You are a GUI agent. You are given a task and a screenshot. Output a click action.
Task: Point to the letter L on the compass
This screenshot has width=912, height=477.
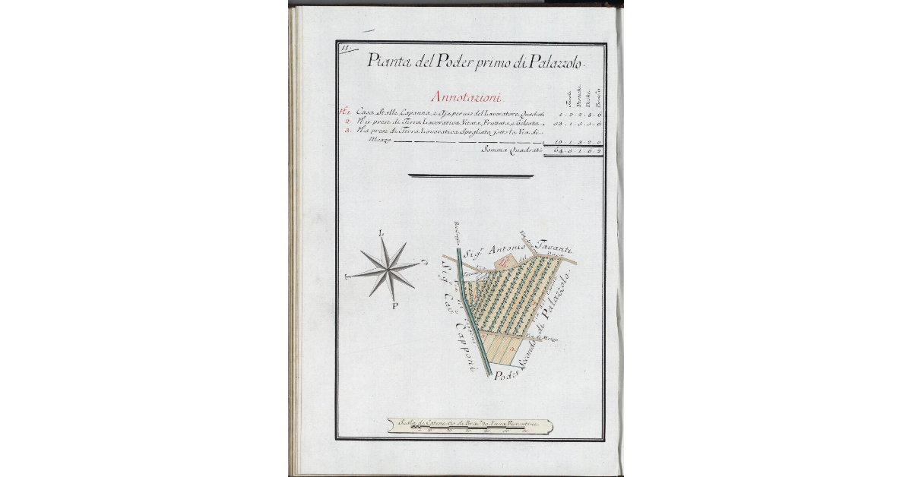pyautogui.click(x=382, y=234)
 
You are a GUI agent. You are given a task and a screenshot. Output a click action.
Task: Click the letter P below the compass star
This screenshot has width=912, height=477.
pyautogui.click(x=395, y=307)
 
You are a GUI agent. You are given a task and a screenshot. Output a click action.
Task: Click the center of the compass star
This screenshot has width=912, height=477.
pyautogui.click(x=389, y=270)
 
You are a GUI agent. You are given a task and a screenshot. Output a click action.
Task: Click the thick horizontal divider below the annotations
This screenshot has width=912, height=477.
pyautogui.click(x=470, y=176)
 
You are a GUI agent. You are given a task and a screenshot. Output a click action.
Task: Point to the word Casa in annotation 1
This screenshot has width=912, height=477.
pyautogui.click(x=365, y=113)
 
